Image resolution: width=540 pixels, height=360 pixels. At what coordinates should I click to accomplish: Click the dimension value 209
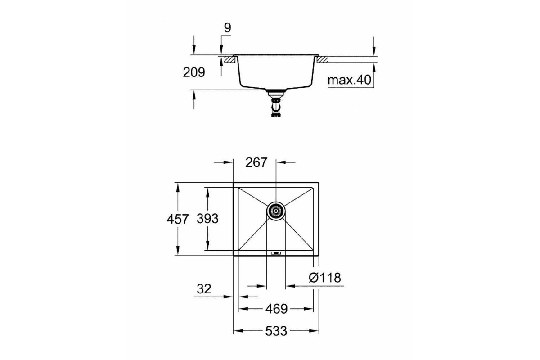click(x=194, y=72)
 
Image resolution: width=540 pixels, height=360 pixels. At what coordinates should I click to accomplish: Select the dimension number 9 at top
click(x=227, y=28)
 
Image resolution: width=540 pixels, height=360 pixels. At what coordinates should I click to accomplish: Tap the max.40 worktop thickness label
click(x=349, y=80)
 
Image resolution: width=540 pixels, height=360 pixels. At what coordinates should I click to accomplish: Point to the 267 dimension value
click(x=256, y=162)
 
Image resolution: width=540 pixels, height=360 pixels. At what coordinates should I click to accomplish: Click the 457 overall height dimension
click(x=178, y=219)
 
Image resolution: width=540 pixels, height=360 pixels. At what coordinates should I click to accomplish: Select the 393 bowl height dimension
click(x=207, y=219)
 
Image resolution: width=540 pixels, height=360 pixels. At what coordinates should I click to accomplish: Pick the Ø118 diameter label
click(x=325, y=278)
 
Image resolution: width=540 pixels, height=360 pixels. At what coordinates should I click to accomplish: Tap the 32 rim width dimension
click(x=204, y=289)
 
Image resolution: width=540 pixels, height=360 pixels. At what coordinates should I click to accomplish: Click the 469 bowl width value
click(x=276, y=309)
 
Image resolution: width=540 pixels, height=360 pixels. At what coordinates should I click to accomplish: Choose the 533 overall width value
click(x=276, y=331)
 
